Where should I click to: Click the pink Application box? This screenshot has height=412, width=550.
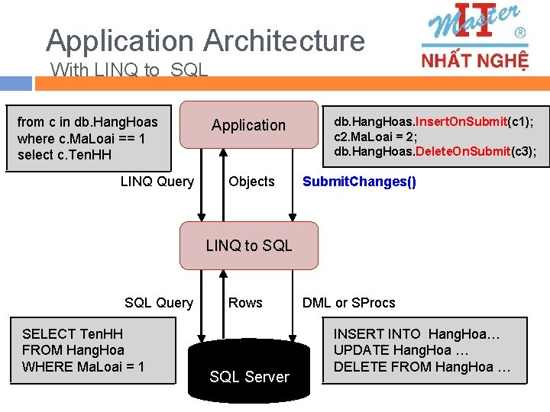pyautogui.click(x=248, y=124)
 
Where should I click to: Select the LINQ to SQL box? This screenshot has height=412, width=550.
pyautogui.click(x=248, y=245)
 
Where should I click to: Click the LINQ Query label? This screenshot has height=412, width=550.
pyautogui.click(x=157, y=182)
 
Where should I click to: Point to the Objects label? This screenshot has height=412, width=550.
pyautogui.click(x=251, y=182)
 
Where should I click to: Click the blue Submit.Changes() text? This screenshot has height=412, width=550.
pyautogui.click(x=359, y=182)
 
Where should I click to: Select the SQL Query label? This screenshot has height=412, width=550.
pyautogui.click(x=159, y=303)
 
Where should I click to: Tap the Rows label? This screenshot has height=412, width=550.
pyautogui.click(x=245, y=303)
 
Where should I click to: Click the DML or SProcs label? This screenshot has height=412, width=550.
pyautogui.click(x=348, y=303)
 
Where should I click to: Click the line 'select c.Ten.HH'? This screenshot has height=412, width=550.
pyautogui.click(x=64, y=156)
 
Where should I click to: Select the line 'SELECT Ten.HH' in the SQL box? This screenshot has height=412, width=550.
pyautogui.click(x=72, y=333)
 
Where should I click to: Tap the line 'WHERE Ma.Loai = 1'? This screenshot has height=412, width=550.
pyautogui.click(x=83, y=367)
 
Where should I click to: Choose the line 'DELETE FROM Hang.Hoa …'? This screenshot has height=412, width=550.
pyautogui.click(x=422, y=367)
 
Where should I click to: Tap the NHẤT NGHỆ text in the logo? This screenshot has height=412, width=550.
pyautogui.click(x=474, y=60)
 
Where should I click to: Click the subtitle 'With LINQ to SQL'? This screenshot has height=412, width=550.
pyautogui.click(x=129, y=70)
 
